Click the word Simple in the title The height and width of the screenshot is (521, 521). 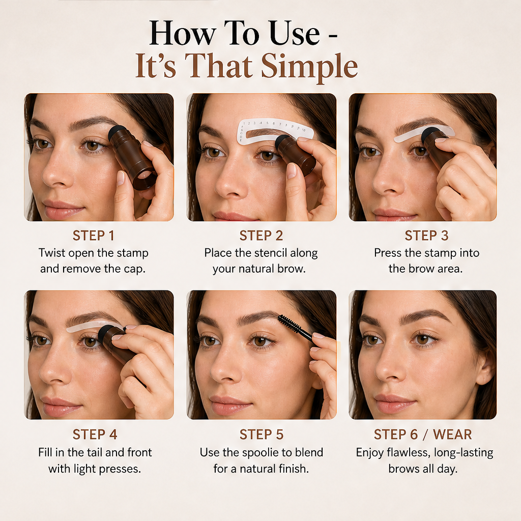coord(309,67)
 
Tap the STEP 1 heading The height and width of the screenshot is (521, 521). coord(94,236)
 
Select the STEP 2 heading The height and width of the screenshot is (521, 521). coord(261,236)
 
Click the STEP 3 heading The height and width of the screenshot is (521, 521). coord(426,236)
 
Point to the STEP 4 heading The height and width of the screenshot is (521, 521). coord(95,435)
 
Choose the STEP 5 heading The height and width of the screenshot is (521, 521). coord(262,435)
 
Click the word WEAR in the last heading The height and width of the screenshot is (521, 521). coord(452,435)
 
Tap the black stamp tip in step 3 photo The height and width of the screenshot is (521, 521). coord(431,134)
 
